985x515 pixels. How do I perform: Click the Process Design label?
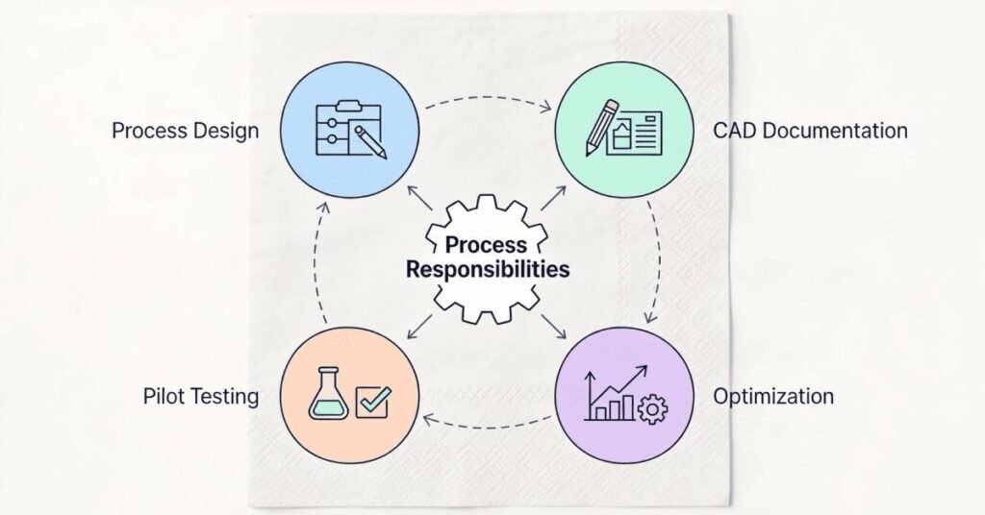[x=186, y=130]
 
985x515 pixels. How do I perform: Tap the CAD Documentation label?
[x=810, y=130]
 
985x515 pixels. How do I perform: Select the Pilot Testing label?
[x=201, y=396]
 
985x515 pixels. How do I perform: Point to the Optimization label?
[x=773, y=396]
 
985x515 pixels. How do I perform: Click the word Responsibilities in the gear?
[x=488, y=269]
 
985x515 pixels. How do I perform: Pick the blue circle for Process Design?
[x=349, y=130]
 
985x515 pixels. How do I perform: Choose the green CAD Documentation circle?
[x=624, y=130]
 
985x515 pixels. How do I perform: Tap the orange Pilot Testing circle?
[x=349, y=396]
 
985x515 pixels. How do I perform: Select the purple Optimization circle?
[x=624, y=396]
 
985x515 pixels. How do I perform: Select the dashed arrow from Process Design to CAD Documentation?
[x=487, y=96]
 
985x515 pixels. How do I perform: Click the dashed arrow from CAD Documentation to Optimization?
[x=658, y=261]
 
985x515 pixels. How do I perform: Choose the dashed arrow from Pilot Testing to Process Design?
[x=316, y=261]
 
